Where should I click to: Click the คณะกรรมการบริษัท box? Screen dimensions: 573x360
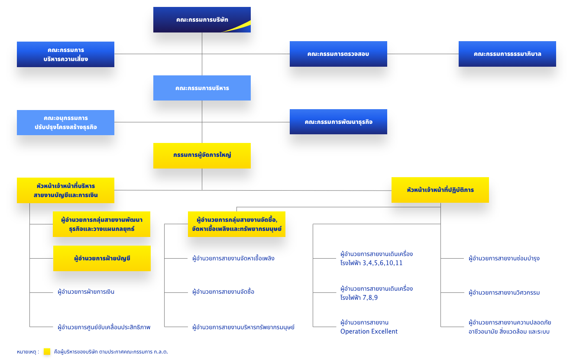pyautogui.click(x=202, y=19)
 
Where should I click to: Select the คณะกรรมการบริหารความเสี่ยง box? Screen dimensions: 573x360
pyautogui.click(x=65, y=54)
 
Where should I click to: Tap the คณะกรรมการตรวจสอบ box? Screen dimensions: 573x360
pyautogui.click(x=338, y=54)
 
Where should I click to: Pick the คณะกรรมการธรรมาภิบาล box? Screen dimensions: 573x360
pyautogui.click(x=507, y=54)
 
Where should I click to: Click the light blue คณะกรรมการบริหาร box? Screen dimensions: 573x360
pyautogui.click(x=202, y=88)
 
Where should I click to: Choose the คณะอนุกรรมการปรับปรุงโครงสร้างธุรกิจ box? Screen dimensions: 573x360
pyautogui.click(x=65, y=123)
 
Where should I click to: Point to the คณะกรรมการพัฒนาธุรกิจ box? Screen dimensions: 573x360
pyautogui.click(x=338, y=122)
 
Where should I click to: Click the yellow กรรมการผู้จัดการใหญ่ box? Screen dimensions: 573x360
pyautogui.click(x=202, y=156)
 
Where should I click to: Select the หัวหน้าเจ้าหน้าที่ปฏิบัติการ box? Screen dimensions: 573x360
pyautogui.click(x=440, y=190)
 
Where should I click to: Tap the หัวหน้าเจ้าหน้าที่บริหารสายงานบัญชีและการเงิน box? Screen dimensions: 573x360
pyautogui.click(x=65, y=190)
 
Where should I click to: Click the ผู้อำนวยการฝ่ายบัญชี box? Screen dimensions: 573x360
pyautogui.click(x=102, y=259)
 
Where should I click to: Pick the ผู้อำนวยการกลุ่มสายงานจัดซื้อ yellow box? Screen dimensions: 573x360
pyautogui.click(x=236, y=224)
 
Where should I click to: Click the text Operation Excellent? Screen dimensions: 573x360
pyautogui.click(x=369, y=331)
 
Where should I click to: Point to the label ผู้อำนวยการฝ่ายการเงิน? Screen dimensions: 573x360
pyautogui.click(x=86, y=292)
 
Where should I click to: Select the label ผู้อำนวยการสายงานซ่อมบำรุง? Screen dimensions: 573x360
pyautogui.click(x=504, y=259)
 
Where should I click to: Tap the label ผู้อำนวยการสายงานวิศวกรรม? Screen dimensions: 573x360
pyautogui.click(x=504, y=292)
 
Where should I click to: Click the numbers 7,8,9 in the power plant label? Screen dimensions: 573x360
pyautogui.click(x=370, y=298)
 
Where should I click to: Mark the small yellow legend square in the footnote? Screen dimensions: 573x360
pyautogui.click(x=47, y=352)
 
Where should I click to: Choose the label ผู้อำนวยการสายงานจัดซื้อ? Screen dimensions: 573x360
pyautogui.click(x=223, y=292)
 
